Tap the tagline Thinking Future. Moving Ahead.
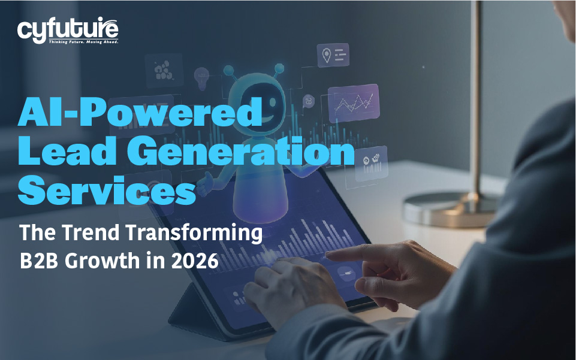pos(84,42)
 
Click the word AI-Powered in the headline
pos(140,112)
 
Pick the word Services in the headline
pos(107,190)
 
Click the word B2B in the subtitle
pos(38,261)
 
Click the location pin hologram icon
pos(326,55)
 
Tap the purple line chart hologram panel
pos(354,103)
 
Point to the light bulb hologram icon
pos(201,78)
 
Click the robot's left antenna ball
pos(228,69)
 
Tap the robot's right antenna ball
pos(279,68)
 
